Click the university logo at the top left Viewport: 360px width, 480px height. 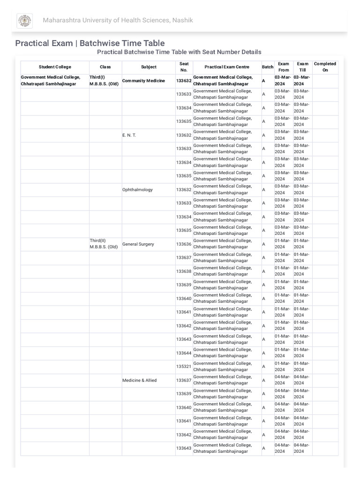[24, 21]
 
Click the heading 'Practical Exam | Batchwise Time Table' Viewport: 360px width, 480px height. [90, 43]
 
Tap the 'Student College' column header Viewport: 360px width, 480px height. [55, 67]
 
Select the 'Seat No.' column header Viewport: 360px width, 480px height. [184, 67]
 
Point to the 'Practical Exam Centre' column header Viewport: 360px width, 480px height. [227, 67]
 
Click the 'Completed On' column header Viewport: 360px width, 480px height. [325, 67]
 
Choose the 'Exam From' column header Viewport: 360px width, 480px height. [283, 67]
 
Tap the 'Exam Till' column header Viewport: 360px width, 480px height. [302, 67]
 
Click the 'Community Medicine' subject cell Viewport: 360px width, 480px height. [143, 81]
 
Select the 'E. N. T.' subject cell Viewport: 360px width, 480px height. [129, 135]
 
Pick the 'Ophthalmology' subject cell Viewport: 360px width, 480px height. [137, 190]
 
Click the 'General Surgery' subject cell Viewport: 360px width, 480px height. [138, 244]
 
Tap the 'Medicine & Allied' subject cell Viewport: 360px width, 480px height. [140, 380]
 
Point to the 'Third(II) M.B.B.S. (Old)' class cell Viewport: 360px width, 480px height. [104, 244]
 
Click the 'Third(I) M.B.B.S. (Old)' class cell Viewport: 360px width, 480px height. [104, 81]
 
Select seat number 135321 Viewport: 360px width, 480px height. [184, 367]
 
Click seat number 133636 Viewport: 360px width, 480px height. [184, 244]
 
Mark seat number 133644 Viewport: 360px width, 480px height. [184, 353]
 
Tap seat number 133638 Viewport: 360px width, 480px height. [184, 271]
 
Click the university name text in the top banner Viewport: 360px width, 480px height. [118, 20]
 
